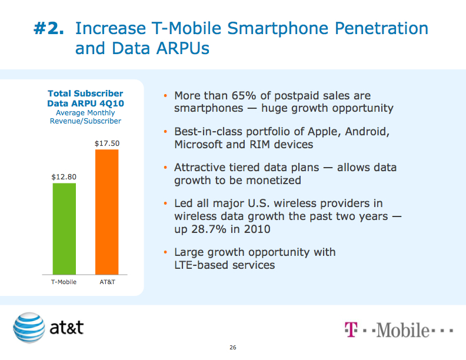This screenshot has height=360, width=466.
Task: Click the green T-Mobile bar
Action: coord(64,228)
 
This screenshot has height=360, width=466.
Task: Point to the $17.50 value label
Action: coord(106,144)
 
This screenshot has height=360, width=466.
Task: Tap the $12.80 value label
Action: coord(64,176)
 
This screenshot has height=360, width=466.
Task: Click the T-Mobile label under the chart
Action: coord(64,282)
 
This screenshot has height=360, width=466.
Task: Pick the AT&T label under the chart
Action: coord(106,282)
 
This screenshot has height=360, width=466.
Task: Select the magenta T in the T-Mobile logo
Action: coord(351,330)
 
